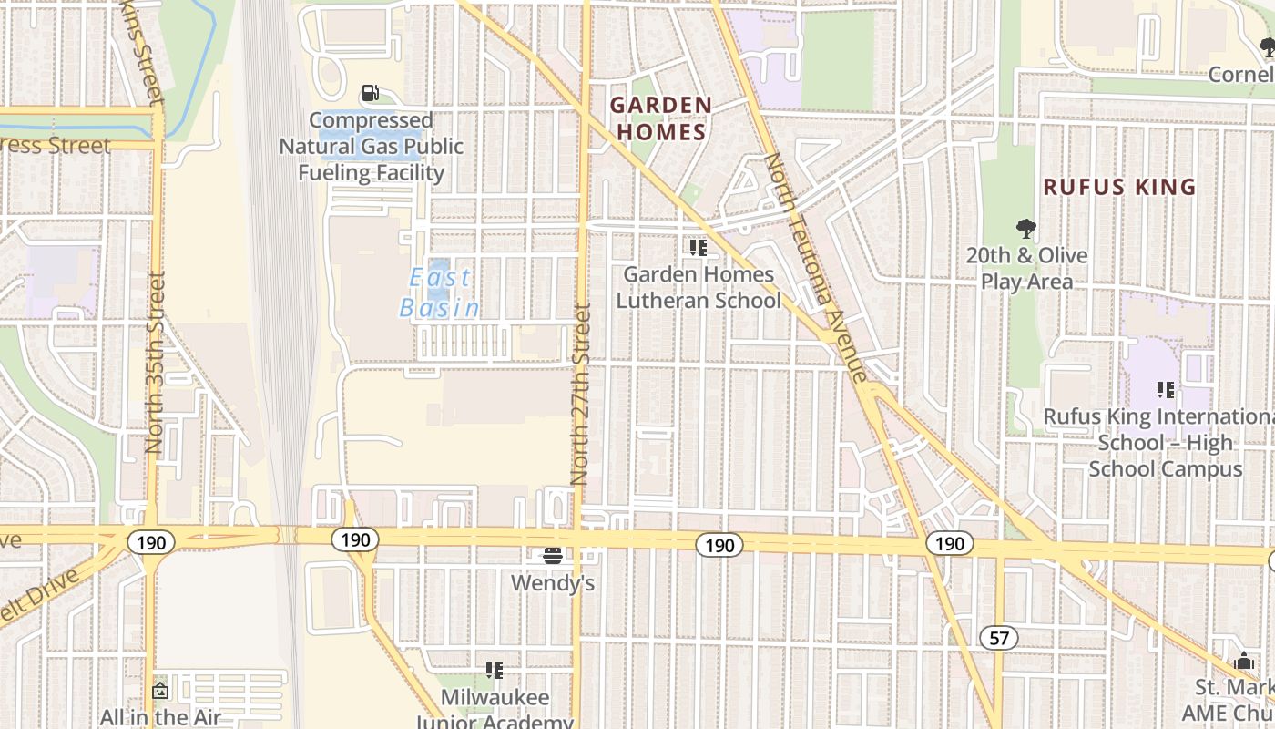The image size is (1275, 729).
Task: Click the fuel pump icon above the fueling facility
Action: click(370, 93)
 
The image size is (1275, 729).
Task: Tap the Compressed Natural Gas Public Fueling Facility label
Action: click(372, 147)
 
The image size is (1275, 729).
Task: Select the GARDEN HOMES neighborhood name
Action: click(660, 118)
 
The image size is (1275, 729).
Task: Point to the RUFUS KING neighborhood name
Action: click(1119, 187)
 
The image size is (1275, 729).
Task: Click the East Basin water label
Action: click(440, 293)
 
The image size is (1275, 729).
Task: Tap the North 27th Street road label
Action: click(580, 394)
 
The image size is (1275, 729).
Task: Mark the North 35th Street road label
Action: click(155, 363)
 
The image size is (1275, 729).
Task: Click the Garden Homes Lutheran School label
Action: click(699, 287)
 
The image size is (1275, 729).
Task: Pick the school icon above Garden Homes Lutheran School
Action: click(699, 247)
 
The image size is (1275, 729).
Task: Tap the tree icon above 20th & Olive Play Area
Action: click(1026, 228)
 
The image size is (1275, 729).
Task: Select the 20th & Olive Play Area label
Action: click(1027, 269)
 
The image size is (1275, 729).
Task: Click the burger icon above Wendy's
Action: click(552, 555)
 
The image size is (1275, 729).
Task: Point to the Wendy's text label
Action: click(553, 582)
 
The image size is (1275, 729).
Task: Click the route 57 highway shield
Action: click(999, 638)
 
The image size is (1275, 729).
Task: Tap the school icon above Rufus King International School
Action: click(1165, 390)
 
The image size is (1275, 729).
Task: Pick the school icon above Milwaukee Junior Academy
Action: click(495, 672)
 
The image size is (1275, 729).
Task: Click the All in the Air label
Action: click(160, 717)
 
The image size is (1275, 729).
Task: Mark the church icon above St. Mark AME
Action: click(1244, 662)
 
